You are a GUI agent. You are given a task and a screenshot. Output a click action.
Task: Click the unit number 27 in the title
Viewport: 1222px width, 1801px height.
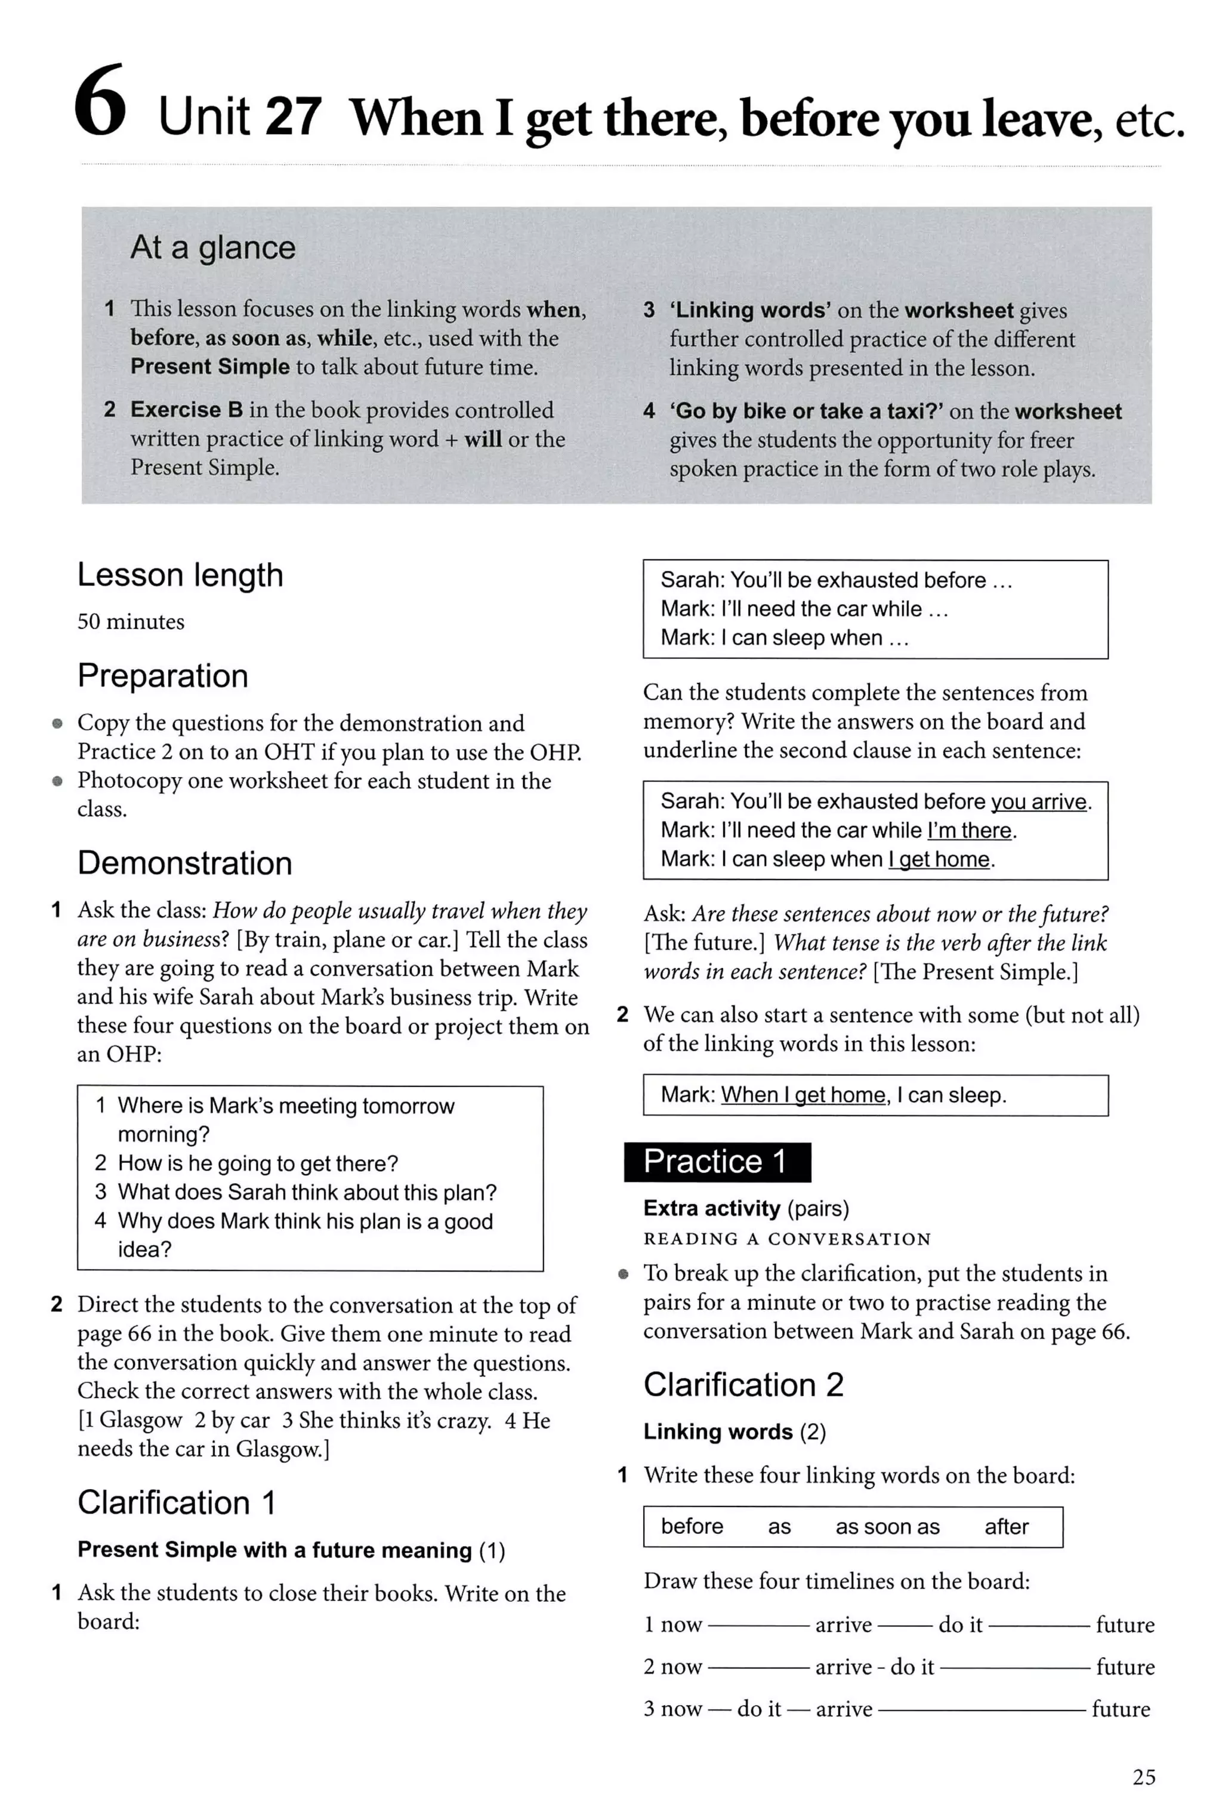tap(292, 117)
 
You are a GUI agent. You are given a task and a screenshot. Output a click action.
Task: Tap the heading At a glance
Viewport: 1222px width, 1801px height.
tap(212, 248)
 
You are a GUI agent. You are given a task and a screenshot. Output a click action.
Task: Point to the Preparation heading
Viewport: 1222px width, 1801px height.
tap(163, 676)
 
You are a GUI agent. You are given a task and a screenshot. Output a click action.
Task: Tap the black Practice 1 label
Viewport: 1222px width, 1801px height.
tap(717, 1162)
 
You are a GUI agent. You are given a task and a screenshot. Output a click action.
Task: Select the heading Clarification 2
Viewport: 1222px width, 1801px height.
tap(743, 1385)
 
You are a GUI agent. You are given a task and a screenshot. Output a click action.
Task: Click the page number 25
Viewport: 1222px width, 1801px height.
tap(1144, 1776)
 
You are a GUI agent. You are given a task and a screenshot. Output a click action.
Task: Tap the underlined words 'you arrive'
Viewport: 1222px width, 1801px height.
tap(1039, 802)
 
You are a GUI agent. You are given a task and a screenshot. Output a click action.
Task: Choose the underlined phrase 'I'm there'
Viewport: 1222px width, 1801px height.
tap(969, 831)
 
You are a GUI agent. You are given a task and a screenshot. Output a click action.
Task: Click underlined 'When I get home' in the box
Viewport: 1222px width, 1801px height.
tap(803, 1095)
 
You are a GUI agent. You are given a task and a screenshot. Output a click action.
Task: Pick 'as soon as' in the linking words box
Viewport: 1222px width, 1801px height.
tap(887, 1527)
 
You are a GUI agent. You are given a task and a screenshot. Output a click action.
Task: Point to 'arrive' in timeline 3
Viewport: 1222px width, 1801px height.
tap(843, 1709)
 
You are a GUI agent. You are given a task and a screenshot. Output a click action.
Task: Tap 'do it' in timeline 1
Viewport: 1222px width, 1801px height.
tap(960, 1624)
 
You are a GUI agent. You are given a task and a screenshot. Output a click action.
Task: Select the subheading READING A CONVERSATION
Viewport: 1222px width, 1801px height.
tap(786, 1239)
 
